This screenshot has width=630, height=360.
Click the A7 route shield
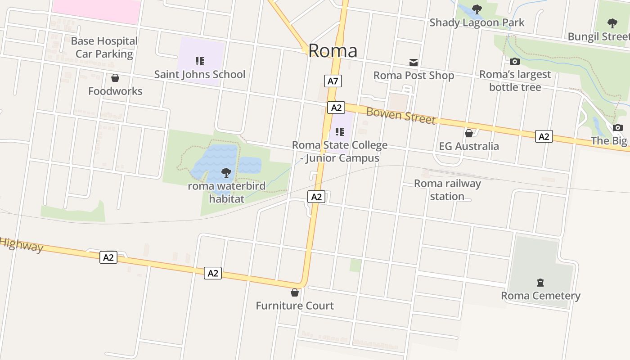click(x=333, y=81)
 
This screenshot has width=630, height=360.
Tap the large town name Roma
click(x=333, y=51)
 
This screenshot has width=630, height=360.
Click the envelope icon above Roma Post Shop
click(x=413, y=63)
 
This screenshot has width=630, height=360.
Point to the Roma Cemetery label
click(x=540, y=296)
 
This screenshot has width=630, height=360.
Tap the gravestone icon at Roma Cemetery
click(x=540, y=283)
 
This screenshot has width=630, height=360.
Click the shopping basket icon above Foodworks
click(x=115, y=78)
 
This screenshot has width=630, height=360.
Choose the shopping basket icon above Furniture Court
click(x=295, y=292)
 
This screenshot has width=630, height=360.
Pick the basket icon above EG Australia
click(x=469, y=133)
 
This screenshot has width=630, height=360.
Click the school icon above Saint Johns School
click(x=200, y=61)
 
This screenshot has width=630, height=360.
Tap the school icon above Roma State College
click(x=340, y=132)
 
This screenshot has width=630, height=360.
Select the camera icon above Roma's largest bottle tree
click(x=515, y=61)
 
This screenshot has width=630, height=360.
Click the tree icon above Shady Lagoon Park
click(x=477, y=9)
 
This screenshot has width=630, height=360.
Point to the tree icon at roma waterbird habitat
click(x=226, y=172)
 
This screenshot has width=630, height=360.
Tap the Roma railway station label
click(x=447, y=189)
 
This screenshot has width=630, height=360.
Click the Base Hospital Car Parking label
click(x=104, y=47)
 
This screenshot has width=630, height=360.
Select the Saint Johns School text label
click(x=200, y=74)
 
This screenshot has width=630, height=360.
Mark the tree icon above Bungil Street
click(x=612, y=23)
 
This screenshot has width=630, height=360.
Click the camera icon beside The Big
click(x=618, y=127)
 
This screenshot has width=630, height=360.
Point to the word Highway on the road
click(x=22, y=245)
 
